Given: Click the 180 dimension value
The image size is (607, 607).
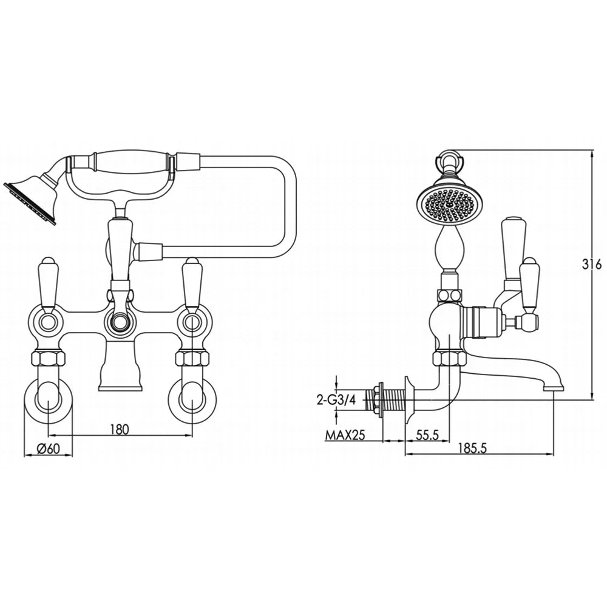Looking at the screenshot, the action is [x=119, y=429].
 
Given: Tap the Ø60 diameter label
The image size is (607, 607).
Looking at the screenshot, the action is [x=48, y=449].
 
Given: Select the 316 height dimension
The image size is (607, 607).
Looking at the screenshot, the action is [x=591, y=265].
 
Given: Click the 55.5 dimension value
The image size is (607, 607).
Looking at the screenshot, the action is [x=427, y=435].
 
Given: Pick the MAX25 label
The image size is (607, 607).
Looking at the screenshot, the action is [x=345, y=435].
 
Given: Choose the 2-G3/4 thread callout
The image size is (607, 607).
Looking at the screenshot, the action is [x=336, y=400].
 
